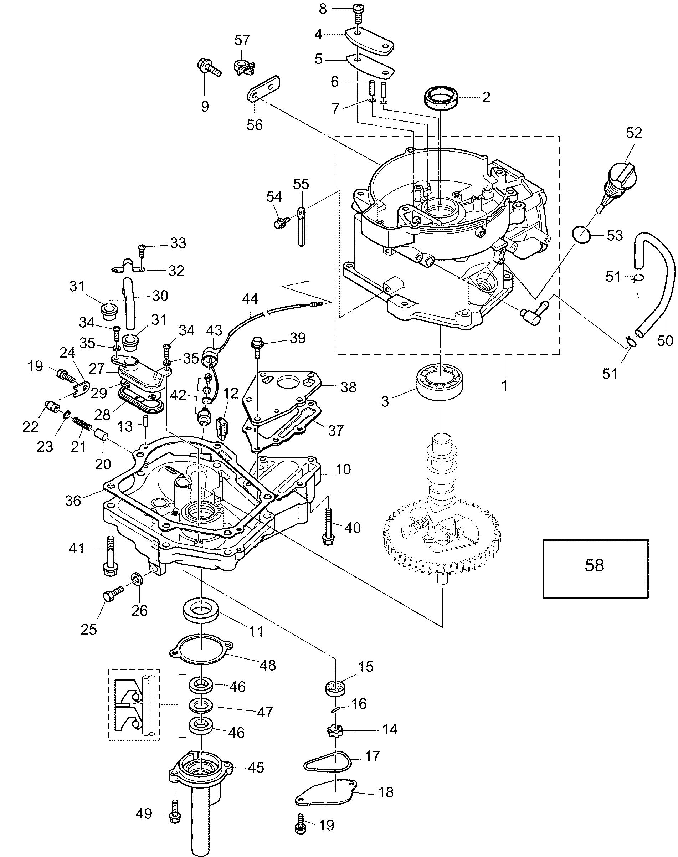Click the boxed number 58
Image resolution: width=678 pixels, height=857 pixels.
(594, 565)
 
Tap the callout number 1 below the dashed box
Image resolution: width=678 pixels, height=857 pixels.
(504, 385)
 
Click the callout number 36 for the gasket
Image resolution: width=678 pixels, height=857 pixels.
(73, 501)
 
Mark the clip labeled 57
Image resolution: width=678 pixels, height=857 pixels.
(243, 67)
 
